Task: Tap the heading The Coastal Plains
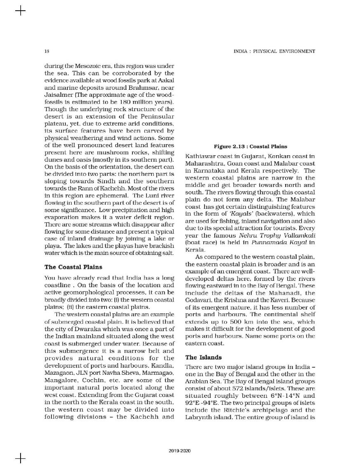[73, 267]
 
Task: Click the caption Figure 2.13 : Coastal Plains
[250, 147]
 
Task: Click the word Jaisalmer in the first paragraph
[57, 93]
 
